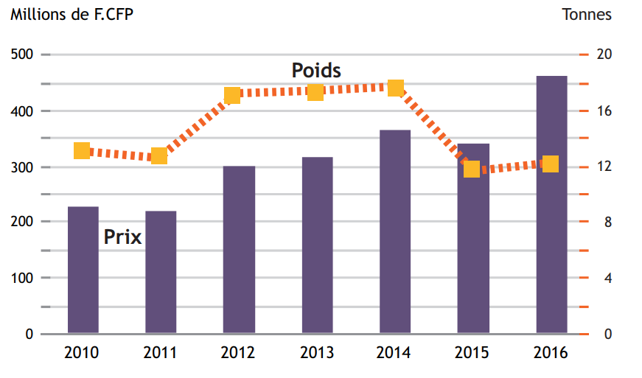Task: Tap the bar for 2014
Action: [x=395, y=231]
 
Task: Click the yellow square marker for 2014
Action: [x=396, y=88]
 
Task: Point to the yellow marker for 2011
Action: [x=159, y=155]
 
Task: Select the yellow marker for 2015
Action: [x=472, y=169]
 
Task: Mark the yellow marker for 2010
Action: [x=82, y=151]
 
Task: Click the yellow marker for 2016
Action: [x=551, y=164]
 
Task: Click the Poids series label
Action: [x=316, y=71]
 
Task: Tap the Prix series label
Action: [x=122, y=237]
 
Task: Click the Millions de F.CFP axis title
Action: [x=72, y=14]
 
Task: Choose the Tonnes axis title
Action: [x=587, y=14]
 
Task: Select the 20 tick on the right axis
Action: [x=603, y=55]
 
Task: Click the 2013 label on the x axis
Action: [x=317, y=353]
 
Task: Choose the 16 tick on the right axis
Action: [x=603, y=111]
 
